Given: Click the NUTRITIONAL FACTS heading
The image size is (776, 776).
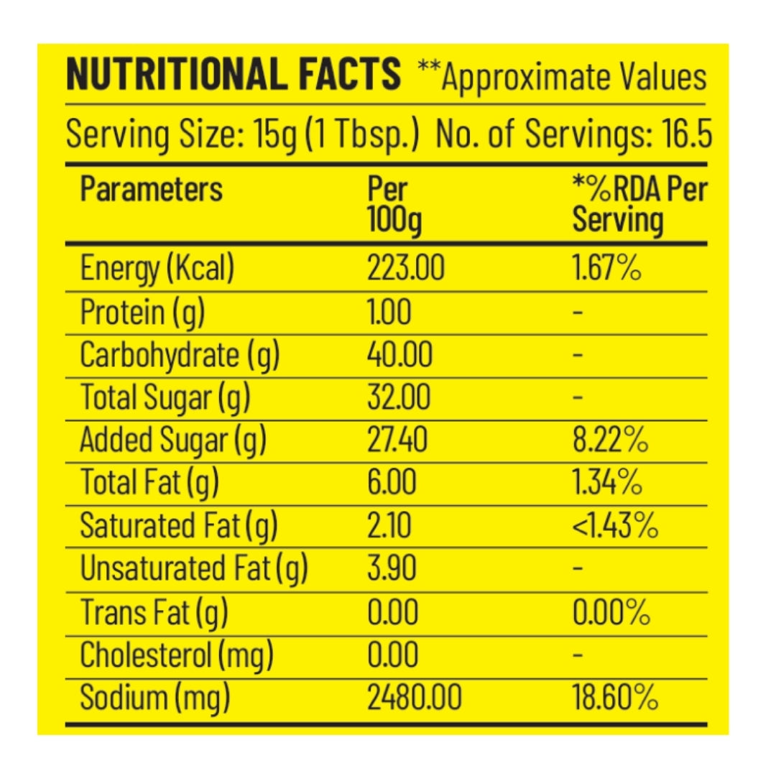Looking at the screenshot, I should coord(233,74).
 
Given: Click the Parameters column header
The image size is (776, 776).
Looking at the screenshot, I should coord(152,190).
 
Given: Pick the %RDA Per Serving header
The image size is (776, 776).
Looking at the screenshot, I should coord(639,205).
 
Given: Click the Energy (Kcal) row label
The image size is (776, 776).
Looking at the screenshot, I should coord(157,269).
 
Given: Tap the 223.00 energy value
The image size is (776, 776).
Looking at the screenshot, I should coord(405,269).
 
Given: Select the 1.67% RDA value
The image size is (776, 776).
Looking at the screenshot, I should coord(606,269).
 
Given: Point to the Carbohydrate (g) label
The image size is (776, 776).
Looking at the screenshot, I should coord(179,355).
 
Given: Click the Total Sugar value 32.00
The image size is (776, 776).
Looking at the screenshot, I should coord(399,397).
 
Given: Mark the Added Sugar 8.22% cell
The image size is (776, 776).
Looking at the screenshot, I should coord(610,440).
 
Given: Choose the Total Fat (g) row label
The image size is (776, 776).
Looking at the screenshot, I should coord(149,483).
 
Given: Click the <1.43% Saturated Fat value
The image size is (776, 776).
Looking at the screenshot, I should coord(615,526).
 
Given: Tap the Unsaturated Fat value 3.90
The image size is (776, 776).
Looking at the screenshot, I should coord(392,569).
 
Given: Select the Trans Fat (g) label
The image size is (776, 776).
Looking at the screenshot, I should coord(153,612).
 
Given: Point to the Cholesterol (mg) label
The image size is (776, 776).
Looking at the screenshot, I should coord(176,655).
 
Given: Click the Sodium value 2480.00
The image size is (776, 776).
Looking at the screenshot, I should coord(414,698).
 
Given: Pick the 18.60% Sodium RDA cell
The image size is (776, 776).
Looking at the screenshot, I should coord(614,698).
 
